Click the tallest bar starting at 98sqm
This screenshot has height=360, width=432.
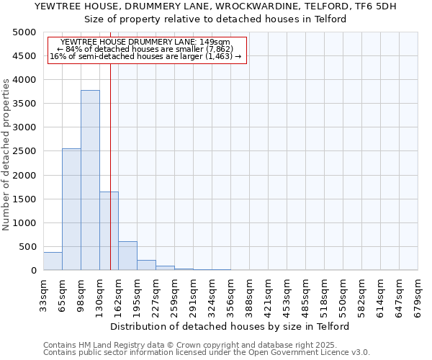pyautogui.click(x=90, y=180)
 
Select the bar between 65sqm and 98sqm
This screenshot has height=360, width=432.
pyautogui.click(x=71, y=209)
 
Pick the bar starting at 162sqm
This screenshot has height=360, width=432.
pyautogui.click(x=127, y=256)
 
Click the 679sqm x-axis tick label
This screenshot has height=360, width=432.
pyautogui.click(x=418, y=294)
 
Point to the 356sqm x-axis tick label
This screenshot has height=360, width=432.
pyautogui.click(x=230, y=294)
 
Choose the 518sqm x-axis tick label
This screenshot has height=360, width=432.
pyautogui.click(x=324, y=294)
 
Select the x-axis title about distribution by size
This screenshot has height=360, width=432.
pyautogui.click(x=230, y=326)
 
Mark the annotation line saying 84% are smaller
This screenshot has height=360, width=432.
pyautogui.click(x=147, y=49)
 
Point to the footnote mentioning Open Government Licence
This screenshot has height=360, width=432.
pyautogui.click(x=207, y=352)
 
